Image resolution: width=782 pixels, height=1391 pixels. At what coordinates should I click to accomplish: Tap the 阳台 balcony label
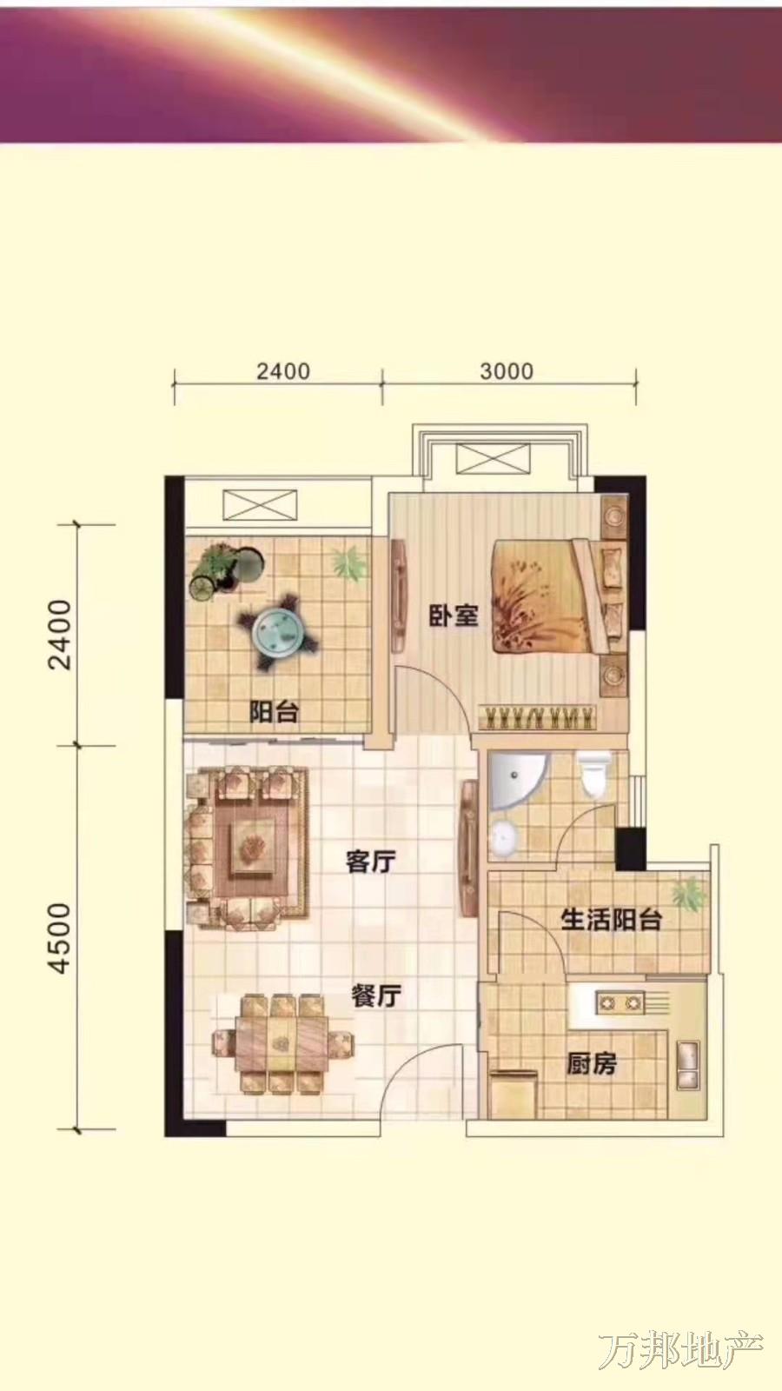pyautogui.click(x=274, y=712)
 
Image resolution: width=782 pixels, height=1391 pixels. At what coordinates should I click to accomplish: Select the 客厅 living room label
pyautogui.click(x=370, y=862)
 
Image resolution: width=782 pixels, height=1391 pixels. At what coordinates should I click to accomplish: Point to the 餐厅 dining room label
pyautogui.click(x=376, y=995)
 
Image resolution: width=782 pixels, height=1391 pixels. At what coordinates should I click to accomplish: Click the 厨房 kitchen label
pyautogui.click(x=591, y=1064)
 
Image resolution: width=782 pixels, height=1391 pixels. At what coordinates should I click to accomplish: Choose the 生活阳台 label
pyautogui.click(x=612, y=920)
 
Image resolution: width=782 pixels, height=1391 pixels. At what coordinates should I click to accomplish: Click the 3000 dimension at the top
pyautogui.click(x=507, y=371)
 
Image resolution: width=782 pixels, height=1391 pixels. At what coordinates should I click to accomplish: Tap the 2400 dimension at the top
pyautogui.click(x=283, y=371)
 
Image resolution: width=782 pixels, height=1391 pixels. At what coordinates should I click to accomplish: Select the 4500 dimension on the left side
pyautogui.click(x=61, y=938)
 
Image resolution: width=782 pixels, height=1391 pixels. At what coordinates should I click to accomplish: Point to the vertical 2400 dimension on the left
pyautogui.click(x=61, y=635)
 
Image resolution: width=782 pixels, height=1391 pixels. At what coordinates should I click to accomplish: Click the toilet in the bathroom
pyautogui.click(x=593, y=774)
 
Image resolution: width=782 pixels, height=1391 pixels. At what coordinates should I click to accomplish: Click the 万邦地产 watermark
pyautogui.click(x=679, y=1351)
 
